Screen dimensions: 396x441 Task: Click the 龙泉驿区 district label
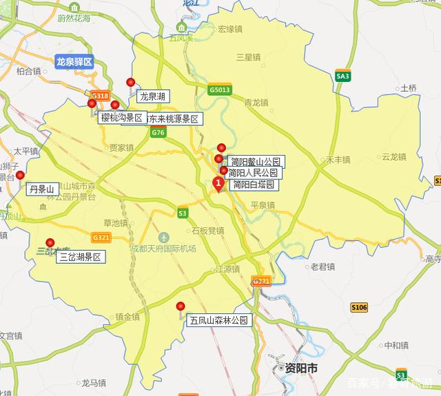pos(74,62)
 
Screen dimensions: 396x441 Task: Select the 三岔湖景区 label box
pos(81,258)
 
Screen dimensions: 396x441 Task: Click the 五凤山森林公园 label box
pos(218,320)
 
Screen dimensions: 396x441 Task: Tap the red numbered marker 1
pos(218,184)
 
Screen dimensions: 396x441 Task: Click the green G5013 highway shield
pos(219,89)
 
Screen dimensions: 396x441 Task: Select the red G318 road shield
pos(99,96)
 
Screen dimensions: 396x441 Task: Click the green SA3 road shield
pos(342,76)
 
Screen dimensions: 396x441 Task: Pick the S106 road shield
pos(359,307)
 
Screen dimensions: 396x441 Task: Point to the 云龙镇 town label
pos(393,156)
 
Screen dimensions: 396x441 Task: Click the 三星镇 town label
pos(247,56)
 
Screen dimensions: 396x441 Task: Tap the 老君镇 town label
pos(322,267)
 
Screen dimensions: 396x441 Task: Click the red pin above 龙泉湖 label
pos(131,83)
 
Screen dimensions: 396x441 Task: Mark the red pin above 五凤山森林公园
pos(181,306)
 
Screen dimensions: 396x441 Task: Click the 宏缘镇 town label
pos(231,30)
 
